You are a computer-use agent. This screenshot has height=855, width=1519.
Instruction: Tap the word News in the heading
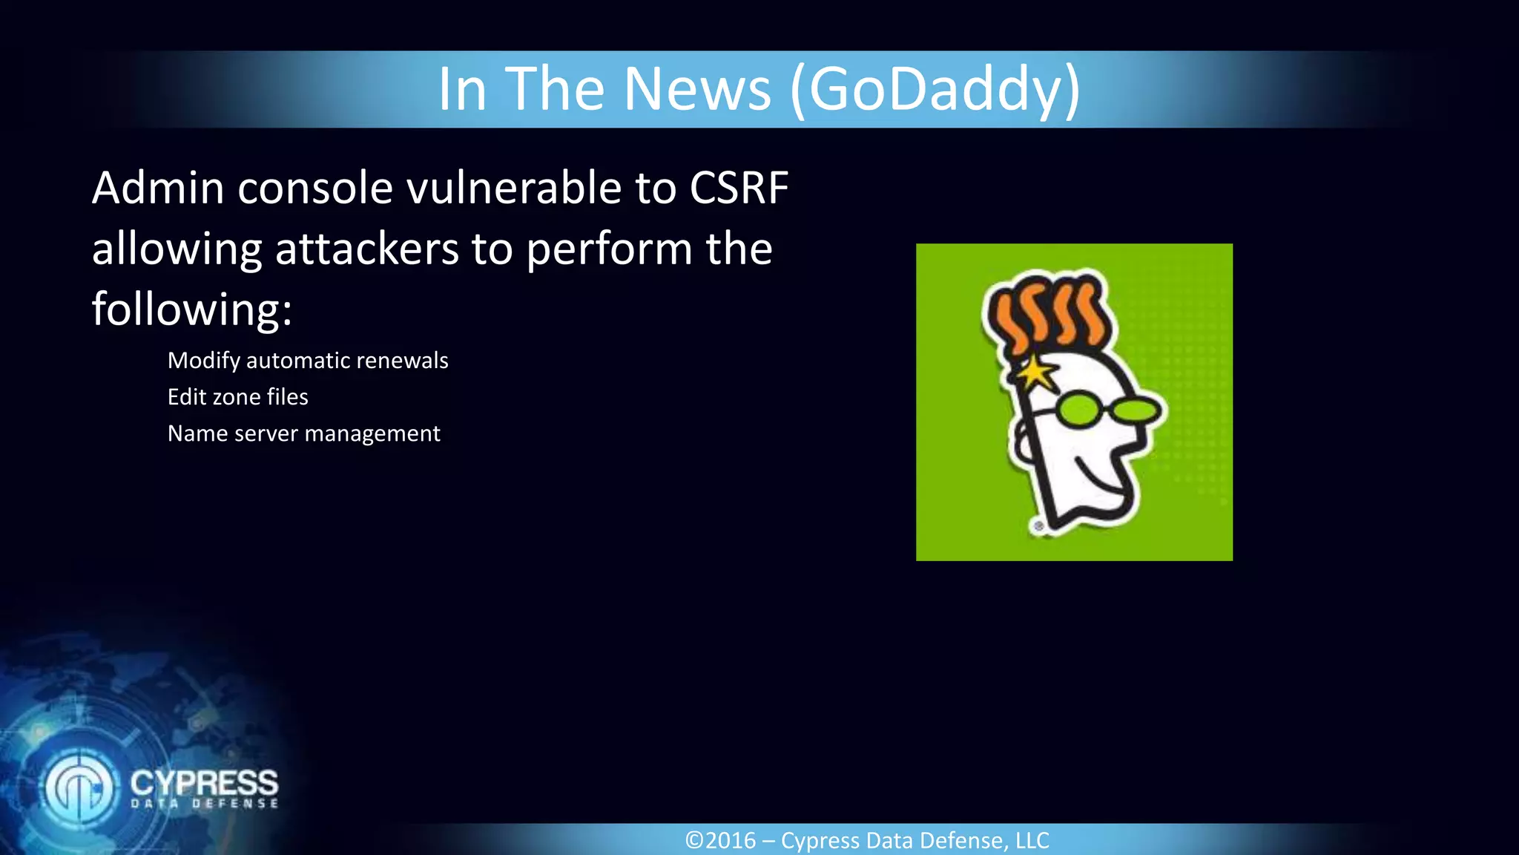point(697,89)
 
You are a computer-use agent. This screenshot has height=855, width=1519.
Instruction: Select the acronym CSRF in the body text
point(739,188)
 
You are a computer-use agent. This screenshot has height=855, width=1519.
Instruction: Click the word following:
point(192,309)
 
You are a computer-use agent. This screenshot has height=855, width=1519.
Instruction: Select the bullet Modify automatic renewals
point(308,361)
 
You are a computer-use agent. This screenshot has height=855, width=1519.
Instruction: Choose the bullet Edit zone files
point(237,397)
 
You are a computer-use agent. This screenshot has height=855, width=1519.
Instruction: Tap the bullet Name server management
point(303,433)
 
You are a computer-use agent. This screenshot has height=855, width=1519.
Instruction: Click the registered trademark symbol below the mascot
point(1039,526)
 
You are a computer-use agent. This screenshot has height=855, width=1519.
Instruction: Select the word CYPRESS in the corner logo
point(204,782)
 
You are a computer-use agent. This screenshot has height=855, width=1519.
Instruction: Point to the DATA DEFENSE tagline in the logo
point(204,804)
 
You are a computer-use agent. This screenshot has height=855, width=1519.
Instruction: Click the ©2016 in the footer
point(720,841)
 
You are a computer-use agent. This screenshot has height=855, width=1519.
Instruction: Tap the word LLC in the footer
point(1032,841)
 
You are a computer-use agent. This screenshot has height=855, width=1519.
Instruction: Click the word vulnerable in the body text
point(514,188)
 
